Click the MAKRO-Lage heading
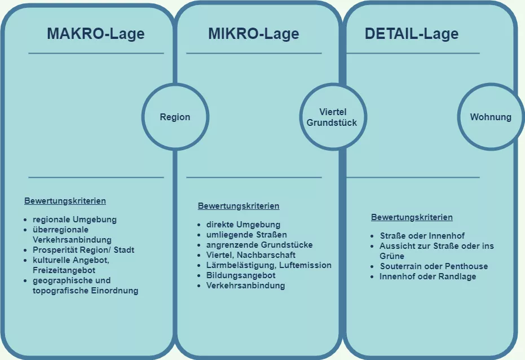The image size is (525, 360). tap(95, 34)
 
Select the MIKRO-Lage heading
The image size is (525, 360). tap(253, 34)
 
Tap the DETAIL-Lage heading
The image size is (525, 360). tap(412, 34)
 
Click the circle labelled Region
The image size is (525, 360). tap(175, 117)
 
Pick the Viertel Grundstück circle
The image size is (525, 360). tap(332, 117)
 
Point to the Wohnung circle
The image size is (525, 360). tap(491, 117)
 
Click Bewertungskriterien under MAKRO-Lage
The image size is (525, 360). tap(65, 201)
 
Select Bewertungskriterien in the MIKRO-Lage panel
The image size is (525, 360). tap(239, 207)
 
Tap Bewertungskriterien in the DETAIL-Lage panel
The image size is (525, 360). tap(412, 217)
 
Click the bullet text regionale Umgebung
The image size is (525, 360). tap(74, 219)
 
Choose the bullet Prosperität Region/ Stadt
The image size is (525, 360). tap(83, 250)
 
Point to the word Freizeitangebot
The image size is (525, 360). tap(63, 270)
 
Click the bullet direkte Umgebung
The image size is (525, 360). tap(243, 225)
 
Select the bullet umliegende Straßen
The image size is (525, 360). tap(246, 235)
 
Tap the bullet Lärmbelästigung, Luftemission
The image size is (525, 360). tap(268, 265)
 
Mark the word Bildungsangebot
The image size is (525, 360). tap(240, 275)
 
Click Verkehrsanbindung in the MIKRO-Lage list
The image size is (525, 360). tap(245, 286)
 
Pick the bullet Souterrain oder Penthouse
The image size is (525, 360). tap(434, 266)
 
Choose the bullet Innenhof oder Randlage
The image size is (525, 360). tap(427, 276)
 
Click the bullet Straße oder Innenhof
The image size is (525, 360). tap(422, 236)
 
